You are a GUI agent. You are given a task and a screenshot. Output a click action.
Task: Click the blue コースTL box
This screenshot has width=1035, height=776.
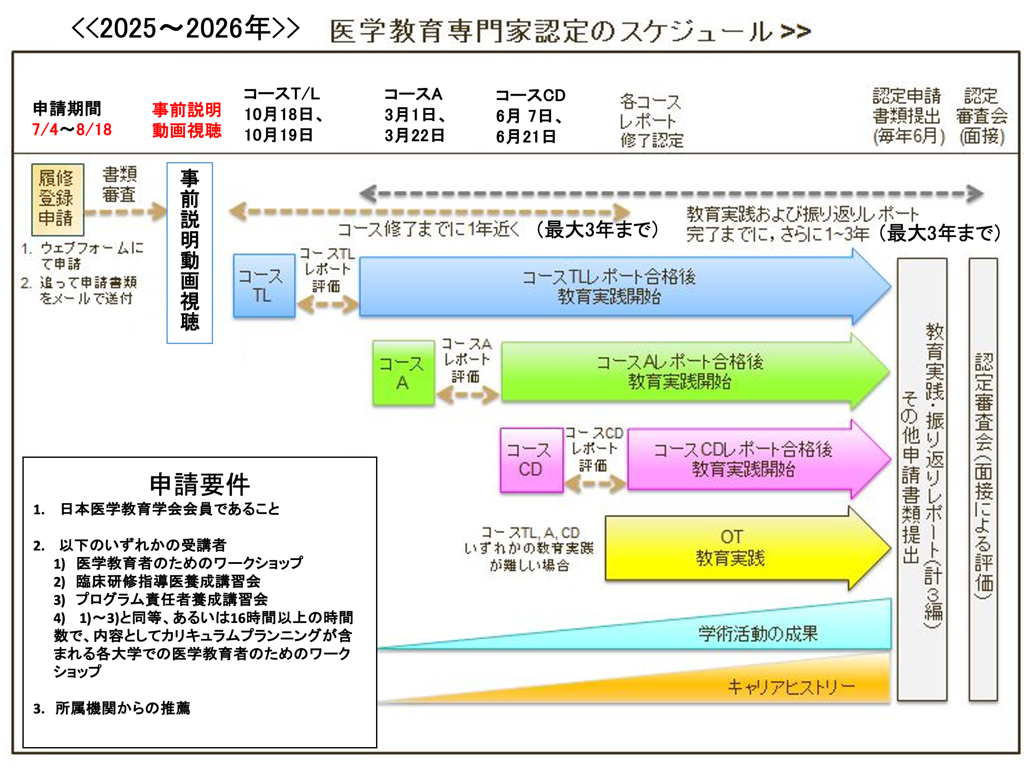pyautogui.click(x=264, y=286)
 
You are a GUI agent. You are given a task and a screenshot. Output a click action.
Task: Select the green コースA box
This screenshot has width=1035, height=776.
pyautogui.click(x=403, y=373)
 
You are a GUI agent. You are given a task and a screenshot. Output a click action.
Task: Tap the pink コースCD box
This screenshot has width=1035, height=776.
pyautogui.click(x=531, y=460)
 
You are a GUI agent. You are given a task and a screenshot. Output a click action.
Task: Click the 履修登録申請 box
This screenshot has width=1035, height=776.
pyautogui.click(x=57, y=199)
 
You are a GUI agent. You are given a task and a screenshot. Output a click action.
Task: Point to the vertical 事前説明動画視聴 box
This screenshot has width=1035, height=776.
pyautogui.click(x=189, y=253)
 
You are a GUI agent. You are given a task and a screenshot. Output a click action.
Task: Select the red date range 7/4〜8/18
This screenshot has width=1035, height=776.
pyautogui.click(x=72, y=130)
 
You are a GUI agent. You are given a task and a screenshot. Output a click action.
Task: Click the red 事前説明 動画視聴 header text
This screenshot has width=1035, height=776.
pyautogui.click(x=187, y=120)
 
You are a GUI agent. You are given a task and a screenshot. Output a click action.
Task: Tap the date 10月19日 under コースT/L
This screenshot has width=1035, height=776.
pyautogui.click(x=279, y=135)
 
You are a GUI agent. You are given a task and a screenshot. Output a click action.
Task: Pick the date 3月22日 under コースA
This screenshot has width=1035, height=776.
pyautogui.click(x=414, y=136)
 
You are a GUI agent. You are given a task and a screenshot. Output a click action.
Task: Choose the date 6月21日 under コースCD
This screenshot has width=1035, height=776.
pyautogui.click(x=526, y=137)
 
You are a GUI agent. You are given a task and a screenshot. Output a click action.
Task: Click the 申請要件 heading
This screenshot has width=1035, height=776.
pyautogui.click(x=200, y=484)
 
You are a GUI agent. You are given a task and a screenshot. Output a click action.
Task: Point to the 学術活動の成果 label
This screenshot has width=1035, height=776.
pyautogui.click(x=758, y=634)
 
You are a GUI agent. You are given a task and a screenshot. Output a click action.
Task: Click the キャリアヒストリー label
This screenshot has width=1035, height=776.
pyautogui.click(x=791, y=687)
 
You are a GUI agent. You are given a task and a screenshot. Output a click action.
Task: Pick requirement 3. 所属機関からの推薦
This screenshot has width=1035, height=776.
pyautogui.click(x=112, y=708)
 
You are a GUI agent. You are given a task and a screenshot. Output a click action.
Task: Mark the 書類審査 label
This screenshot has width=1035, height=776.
pyautogui.click(x=119, y=184)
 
